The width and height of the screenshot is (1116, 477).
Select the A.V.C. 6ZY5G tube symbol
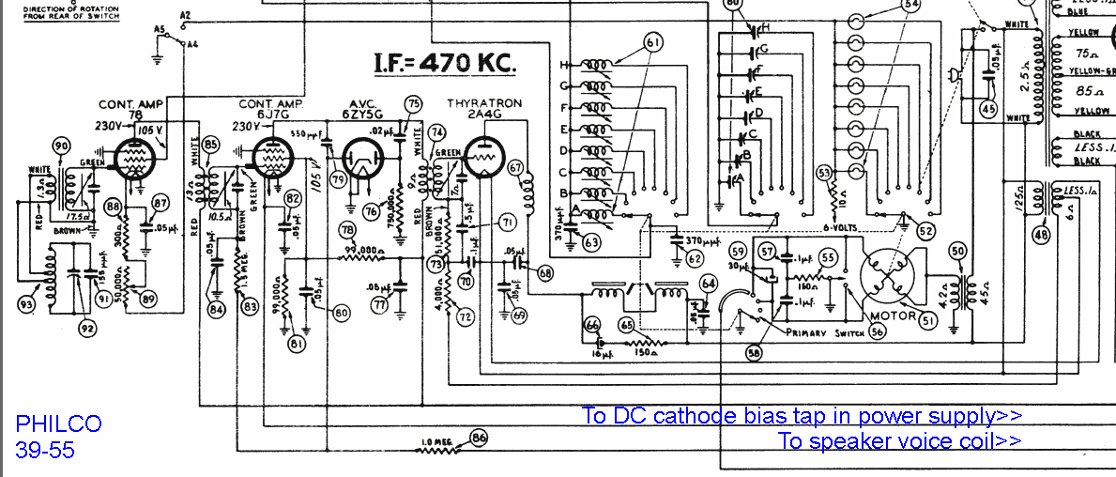[x=362, y=160]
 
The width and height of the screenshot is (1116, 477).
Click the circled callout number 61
[x=653, y=41]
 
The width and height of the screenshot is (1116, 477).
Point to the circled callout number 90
[x=62, y=146]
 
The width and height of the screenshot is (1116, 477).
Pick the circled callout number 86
[x=480, y=437]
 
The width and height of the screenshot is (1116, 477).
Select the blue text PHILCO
[x=58, y=424]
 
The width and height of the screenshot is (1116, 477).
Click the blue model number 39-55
[x=45, y=451]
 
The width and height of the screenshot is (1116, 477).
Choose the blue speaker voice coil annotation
[x=899, y=441]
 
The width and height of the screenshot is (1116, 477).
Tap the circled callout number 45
[x=987, y=109]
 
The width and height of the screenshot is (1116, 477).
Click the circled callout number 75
[x=412, y=103]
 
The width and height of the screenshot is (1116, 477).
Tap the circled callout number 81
[x=297, y=345]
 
